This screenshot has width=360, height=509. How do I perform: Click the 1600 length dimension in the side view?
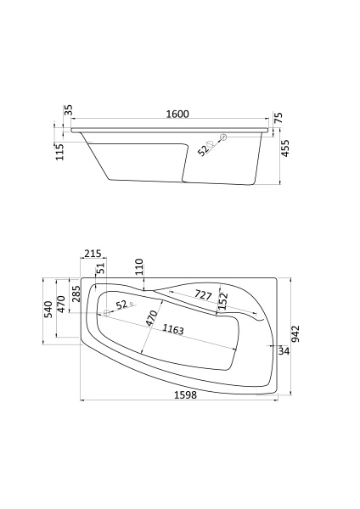click(177, 115)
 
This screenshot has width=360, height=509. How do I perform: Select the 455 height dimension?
click(285, 148)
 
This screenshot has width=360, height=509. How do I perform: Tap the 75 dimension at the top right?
click(278, 118)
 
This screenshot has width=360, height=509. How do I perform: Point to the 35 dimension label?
click(69, 110)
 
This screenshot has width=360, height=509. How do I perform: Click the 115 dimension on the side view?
click(60, 152)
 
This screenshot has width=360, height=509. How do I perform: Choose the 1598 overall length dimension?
click(186, 395)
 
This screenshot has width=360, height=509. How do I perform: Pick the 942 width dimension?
click(295, 334)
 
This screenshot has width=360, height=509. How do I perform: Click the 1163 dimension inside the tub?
click(173, 329)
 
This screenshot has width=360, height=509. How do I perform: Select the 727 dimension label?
click(203, 295)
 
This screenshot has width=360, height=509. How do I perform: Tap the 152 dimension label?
click(223, 301)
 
